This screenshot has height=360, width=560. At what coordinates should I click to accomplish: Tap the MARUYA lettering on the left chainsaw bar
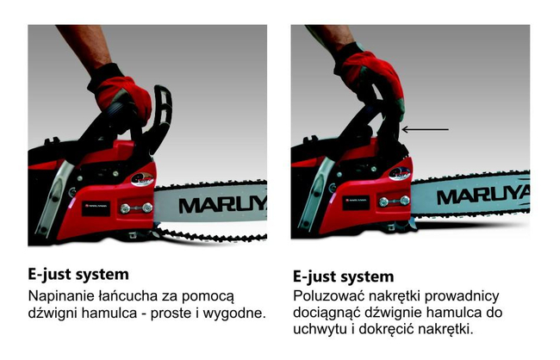coord(223,204)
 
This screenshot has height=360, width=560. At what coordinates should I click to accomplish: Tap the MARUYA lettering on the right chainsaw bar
coord(482,195)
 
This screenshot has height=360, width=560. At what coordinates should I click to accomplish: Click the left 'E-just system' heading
coord(78,275)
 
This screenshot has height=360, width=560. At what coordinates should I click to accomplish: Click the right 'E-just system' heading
coord(343,276)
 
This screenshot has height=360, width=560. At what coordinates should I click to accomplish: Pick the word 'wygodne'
coord(232,313)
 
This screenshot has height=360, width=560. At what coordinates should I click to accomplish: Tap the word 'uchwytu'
coord(321,330)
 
